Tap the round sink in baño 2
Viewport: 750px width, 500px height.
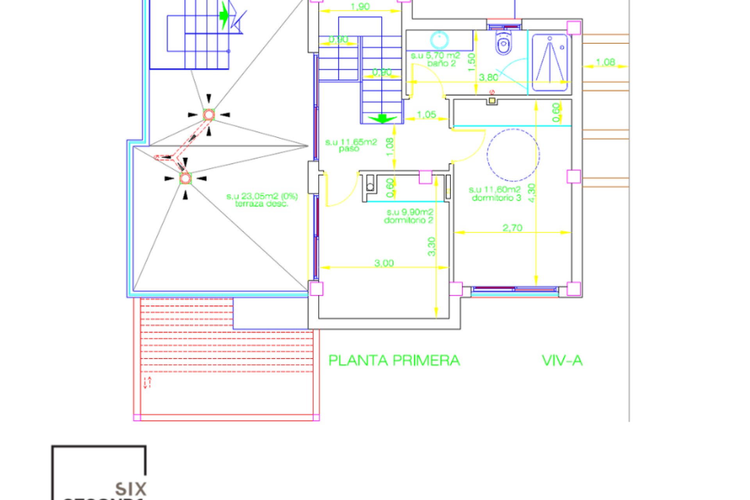439,39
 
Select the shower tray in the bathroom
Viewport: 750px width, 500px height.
550,62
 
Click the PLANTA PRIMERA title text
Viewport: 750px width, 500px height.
394,361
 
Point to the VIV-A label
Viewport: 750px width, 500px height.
562,361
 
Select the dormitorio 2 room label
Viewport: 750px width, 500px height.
409,216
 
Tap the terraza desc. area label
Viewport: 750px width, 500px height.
262,200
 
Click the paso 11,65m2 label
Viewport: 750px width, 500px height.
350,145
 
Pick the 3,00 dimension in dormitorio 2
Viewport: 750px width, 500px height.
384,263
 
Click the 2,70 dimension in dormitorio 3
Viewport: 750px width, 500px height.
512,227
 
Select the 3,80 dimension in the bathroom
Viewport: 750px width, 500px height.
489,77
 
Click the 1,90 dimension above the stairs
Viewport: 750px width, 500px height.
360,7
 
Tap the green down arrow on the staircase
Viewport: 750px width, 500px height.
382,118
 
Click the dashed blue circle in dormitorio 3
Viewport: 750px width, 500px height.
513,155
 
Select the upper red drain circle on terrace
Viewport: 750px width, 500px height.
209,115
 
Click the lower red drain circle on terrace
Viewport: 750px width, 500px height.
185,179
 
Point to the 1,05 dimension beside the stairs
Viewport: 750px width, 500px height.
426,114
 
